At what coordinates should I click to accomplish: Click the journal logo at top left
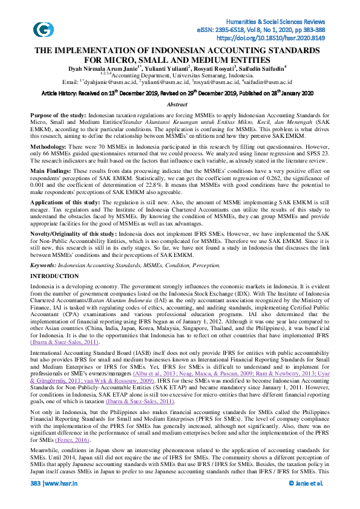[x=43, y=28]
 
